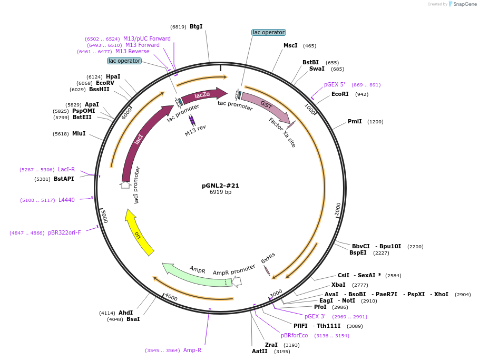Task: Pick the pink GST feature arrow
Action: tap(265, 107)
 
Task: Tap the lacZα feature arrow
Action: tap(203, 95)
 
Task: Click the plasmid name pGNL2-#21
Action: tap(220, 186)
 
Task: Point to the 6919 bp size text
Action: tap(220, 192)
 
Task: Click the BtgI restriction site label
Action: tap(196, 26)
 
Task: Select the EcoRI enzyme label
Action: tap(340, 94)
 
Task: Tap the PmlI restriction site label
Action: tap(355, 122)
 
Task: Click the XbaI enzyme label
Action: tap(338, 285)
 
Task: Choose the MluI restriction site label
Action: tap(79, 133)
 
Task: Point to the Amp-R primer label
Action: tap(192, 350)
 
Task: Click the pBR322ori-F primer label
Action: tap(64, 233)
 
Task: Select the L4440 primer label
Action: tap(66, 200)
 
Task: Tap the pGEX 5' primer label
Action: tap(335, 85)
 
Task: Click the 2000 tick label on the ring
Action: tap(338, 209)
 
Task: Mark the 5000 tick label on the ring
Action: tap(104, 216)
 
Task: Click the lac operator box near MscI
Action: tap(269, 32)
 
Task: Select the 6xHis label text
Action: tap(268, 258)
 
